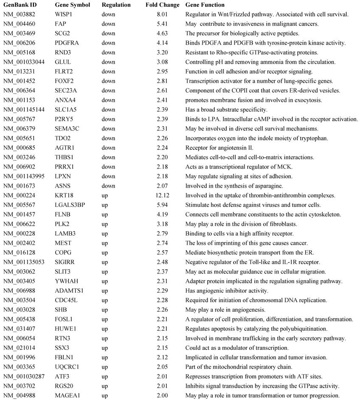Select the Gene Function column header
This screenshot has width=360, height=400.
[x=205, y=5]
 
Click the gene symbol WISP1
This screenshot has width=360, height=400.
[x=63, y=14]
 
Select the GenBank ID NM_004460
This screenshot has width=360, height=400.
[x=20, y=24]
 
